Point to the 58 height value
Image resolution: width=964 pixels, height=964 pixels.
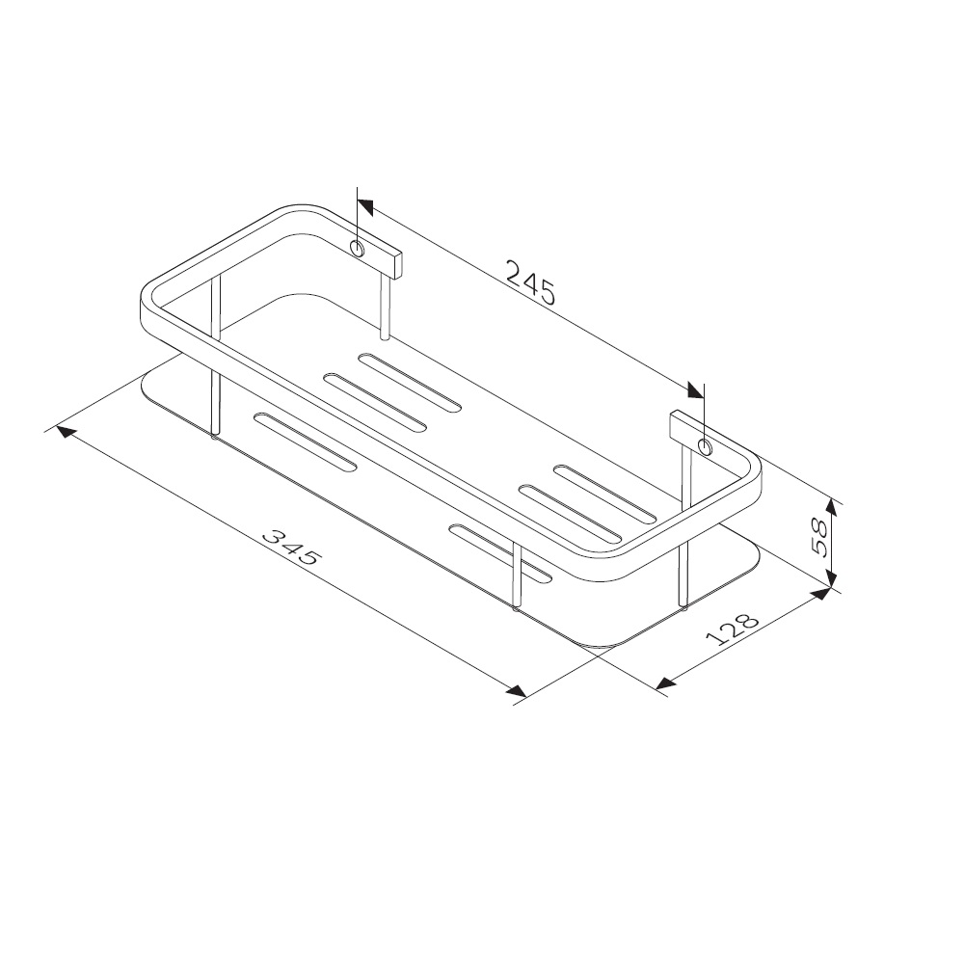pyautogui.click(x=822, y=538)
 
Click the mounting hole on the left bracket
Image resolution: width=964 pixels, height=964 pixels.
pyautogui.click(x=358, y=251)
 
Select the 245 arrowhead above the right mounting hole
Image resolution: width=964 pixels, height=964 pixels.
pyautogui.click(x=695, y=389)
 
